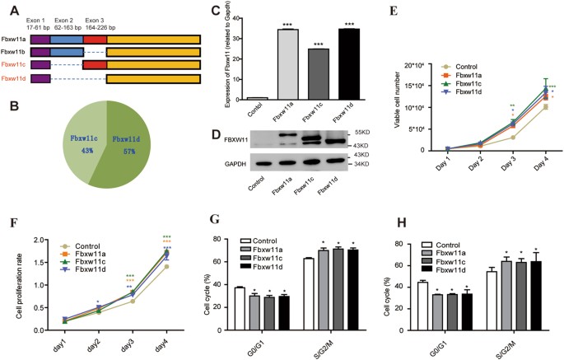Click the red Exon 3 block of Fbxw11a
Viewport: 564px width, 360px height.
tap(95, 39)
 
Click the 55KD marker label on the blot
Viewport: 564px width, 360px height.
tap(382, 131)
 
